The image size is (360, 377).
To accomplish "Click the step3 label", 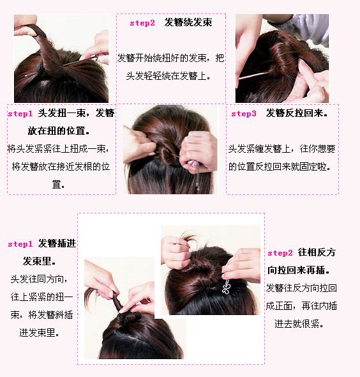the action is [244, 114].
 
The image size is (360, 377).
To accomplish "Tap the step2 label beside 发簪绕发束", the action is [142, 23].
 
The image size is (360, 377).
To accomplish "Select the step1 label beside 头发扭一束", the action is [20, 114].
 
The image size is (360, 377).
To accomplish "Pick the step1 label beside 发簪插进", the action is [20, 244].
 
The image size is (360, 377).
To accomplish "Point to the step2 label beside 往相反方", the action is [280, 253].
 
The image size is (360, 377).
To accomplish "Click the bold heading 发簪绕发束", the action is [188, 22].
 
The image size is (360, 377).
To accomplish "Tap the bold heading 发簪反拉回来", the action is [297, 113].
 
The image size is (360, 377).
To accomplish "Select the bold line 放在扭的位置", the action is [58, 131].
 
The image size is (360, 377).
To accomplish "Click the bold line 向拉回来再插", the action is [298, 270].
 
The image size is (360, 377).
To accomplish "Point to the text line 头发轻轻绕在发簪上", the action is [169, 76].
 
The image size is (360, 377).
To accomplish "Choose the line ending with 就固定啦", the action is [280, 166].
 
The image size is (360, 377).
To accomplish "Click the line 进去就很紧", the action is [299, 324].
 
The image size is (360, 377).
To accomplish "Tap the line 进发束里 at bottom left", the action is [39, 333].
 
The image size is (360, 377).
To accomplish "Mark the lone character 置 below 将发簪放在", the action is [56, 185].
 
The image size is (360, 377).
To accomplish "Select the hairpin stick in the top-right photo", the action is [254, 75].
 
